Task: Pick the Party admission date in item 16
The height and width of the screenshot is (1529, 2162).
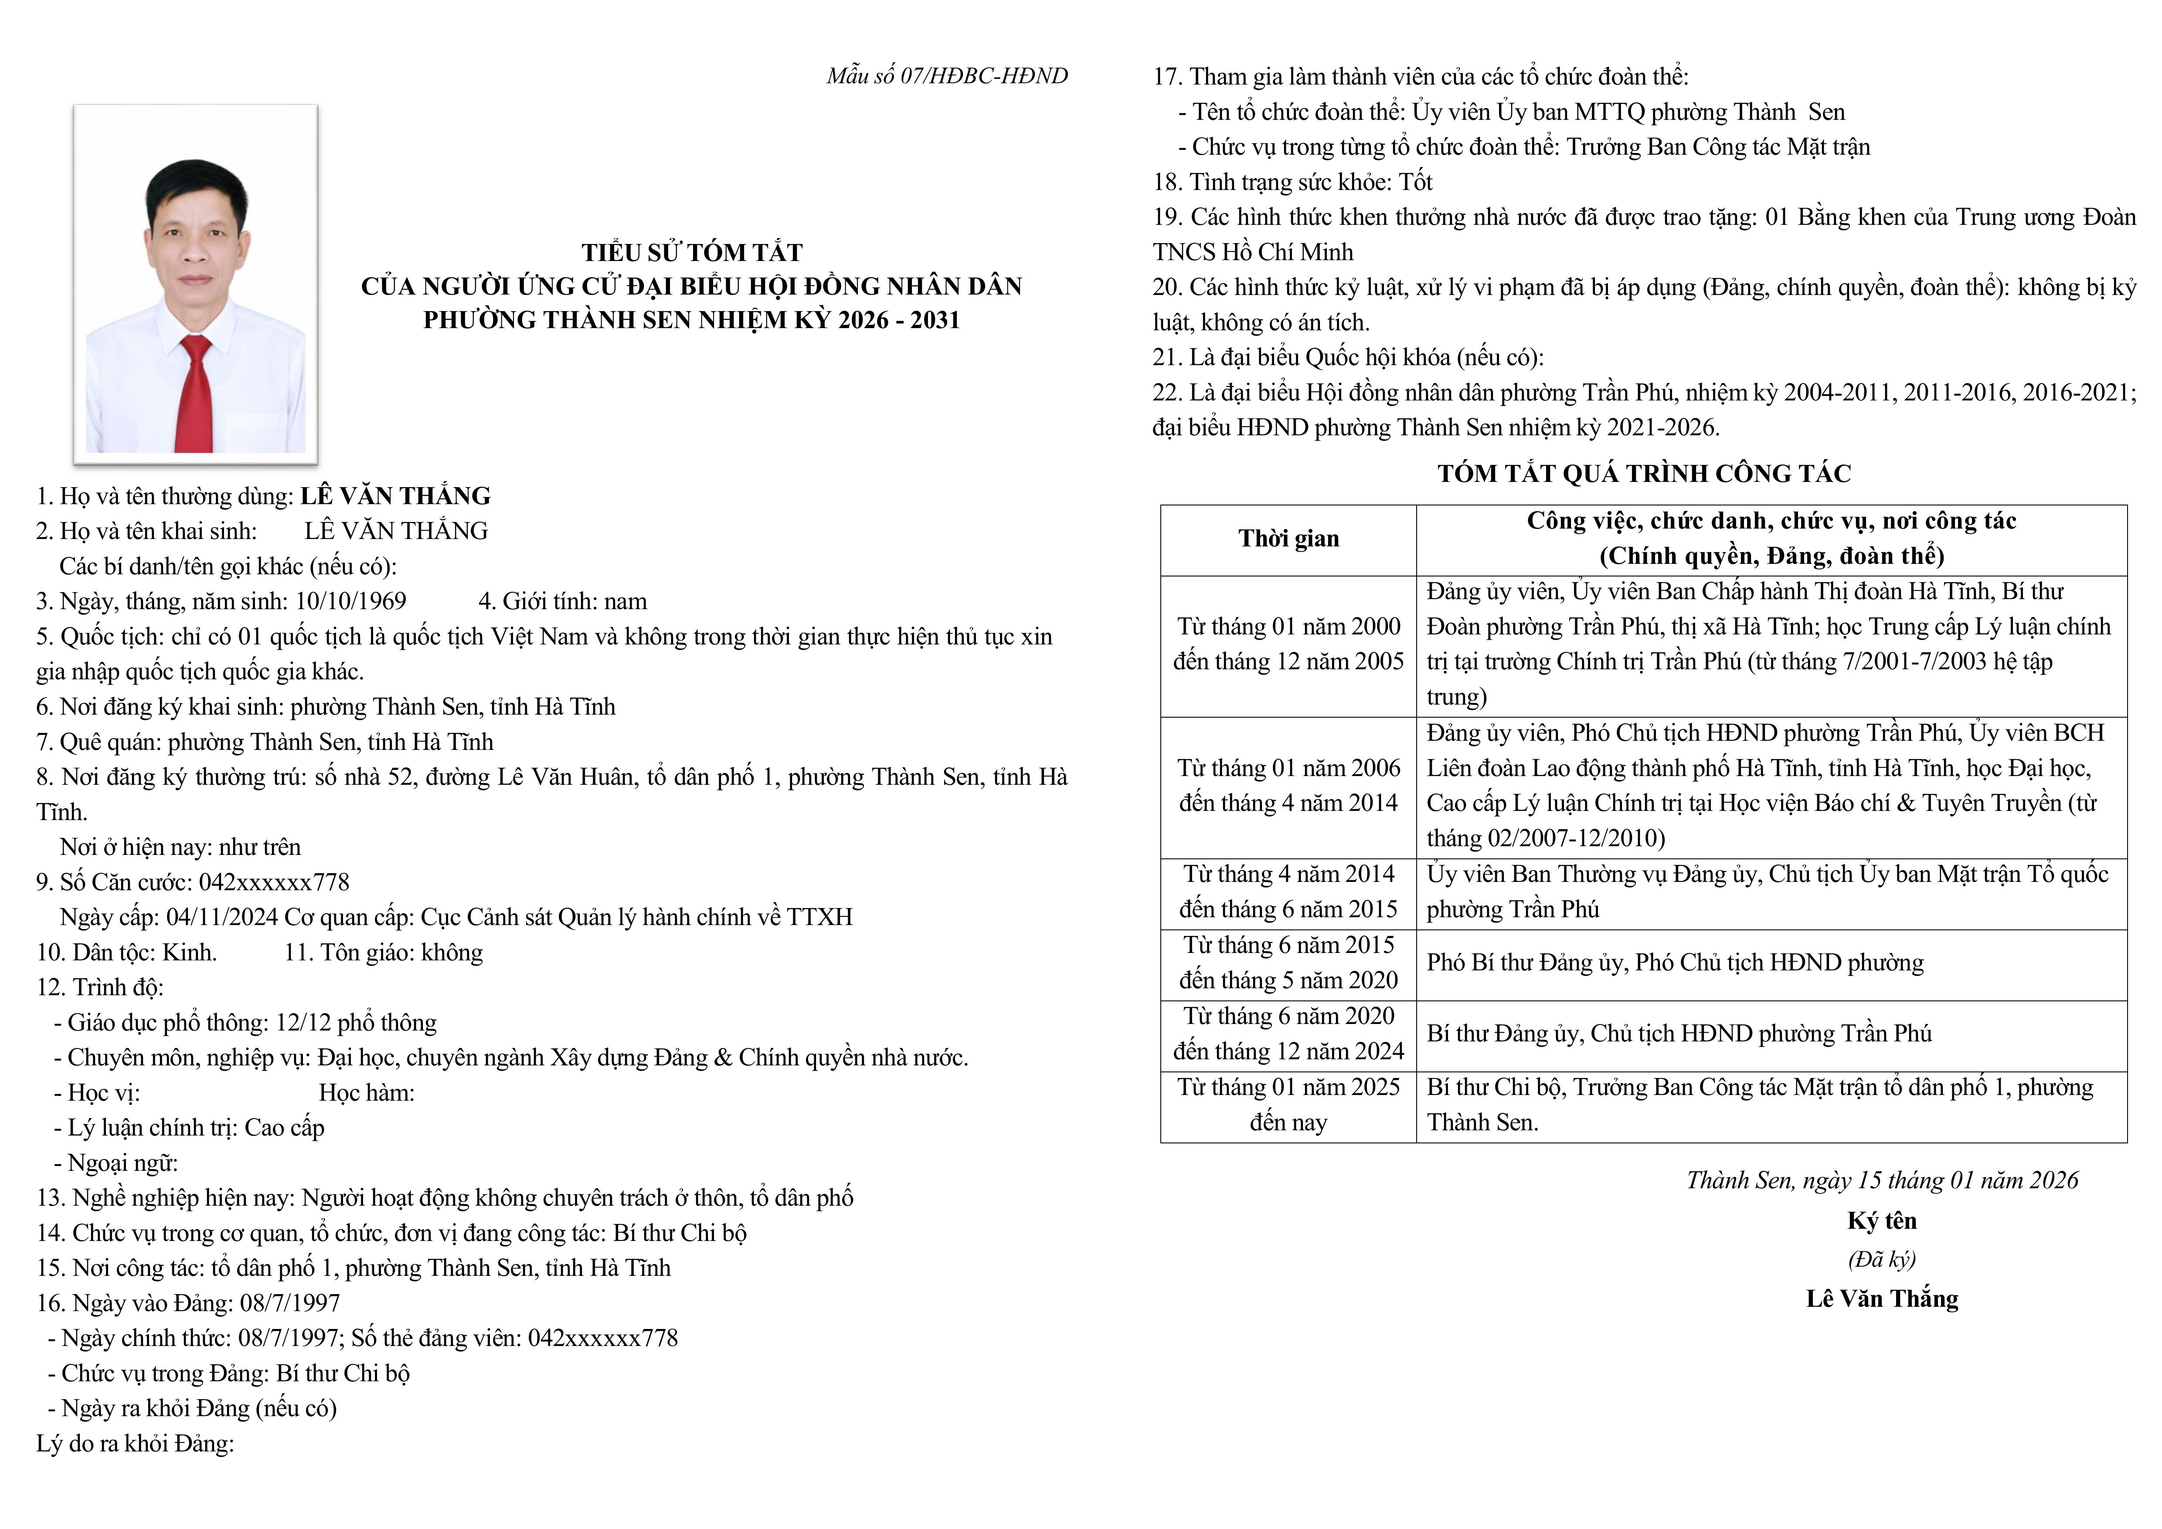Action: click(x=290, y=1303)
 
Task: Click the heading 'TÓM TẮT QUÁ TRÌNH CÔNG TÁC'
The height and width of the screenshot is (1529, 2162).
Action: click(x=1643, y=474)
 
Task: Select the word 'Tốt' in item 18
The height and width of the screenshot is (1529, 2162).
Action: click(x=1415, y=182)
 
